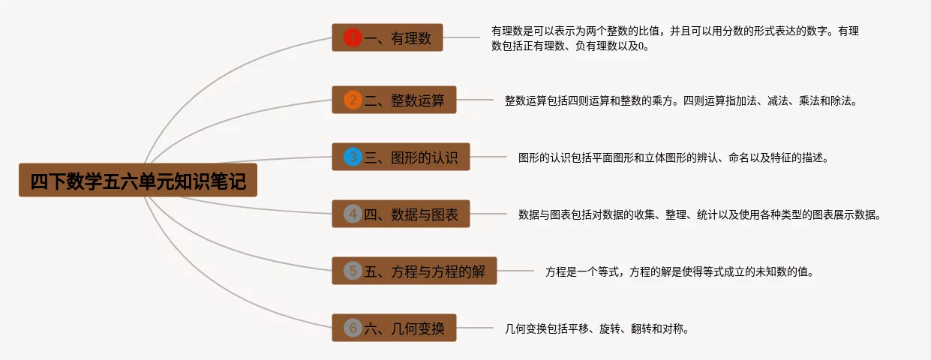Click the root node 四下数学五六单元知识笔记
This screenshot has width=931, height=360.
coord(138,181)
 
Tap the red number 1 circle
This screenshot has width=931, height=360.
coord(353,37)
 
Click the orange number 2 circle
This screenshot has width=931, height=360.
coord(353,100)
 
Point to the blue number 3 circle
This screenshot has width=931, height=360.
coord(353,157)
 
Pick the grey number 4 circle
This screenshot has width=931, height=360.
coord(353,214)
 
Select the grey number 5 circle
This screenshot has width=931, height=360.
coord(353,271)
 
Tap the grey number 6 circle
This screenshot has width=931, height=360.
coord(353,328)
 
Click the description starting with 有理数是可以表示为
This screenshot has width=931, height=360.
coord(674,38)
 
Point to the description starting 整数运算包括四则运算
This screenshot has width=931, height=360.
coord(680,100)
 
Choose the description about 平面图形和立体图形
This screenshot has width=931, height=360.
coord(673,157)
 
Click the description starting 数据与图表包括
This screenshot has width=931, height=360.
coord(698,214)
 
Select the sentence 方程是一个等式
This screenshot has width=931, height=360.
coord(679,271)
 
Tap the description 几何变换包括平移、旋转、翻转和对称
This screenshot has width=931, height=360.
coord(597,328)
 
